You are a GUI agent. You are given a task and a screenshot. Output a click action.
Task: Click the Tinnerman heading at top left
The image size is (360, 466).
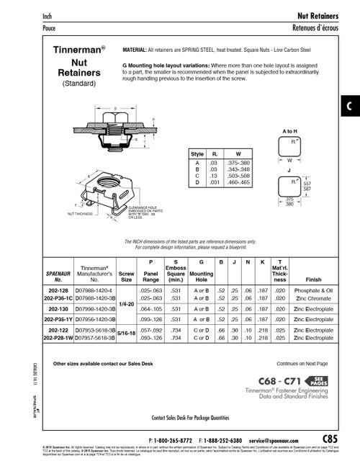coord(79,51)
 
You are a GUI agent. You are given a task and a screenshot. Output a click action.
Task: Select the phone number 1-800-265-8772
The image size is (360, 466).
coord(174,439)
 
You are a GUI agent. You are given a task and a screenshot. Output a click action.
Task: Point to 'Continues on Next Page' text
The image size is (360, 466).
coord(302,364)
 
